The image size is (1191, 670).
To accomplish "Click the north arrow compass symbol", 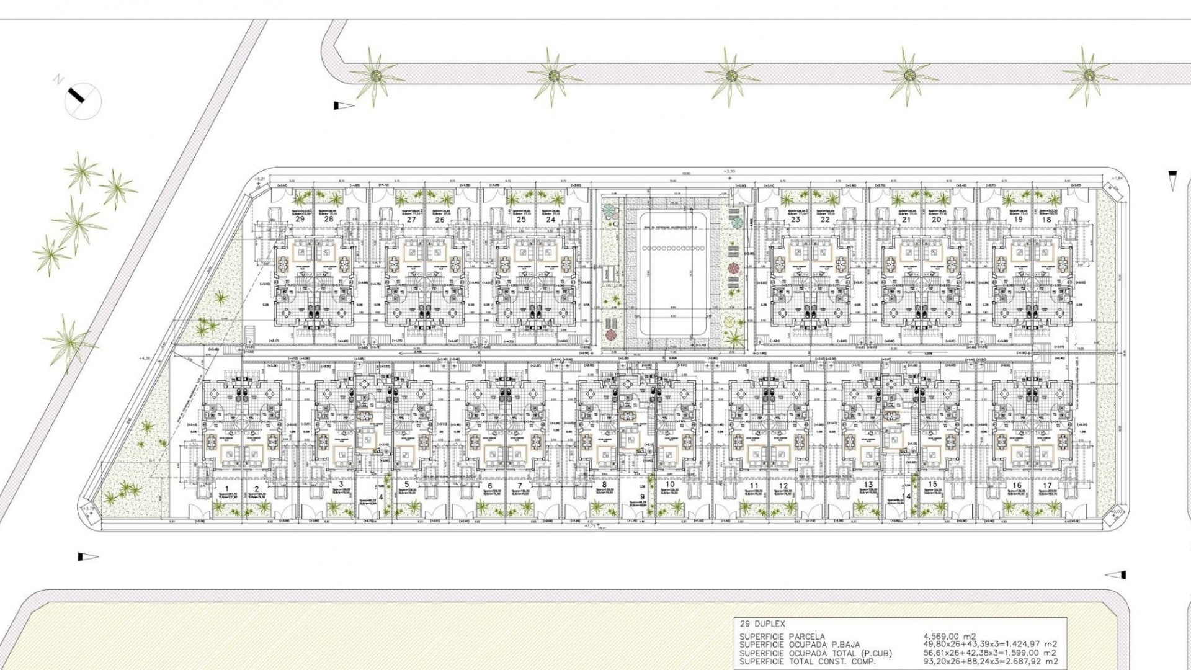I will point(83,101).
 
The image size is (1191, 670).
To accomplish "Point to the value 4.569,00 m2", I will point(950,636).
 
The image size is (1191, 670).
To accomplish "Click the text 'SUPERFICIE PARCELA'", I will point(782,636).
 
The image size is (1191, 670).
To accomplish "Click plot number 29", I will point(300,219).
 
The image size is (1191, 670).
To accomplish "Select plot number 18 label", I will point(1046,219).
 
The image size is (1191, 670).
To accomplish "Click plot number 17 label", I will point(1047,486).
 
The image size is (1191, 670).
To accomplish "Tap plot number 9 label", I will point(643,496).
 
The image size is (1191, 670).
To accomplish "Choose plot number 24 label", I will point(551,219).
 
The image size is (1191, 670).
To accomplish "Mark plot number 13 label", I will point(868,485).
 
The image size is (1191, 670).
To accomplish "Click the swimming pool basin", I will point(673,273).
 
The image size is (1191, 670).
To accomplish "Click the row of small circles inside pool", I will point(673,248).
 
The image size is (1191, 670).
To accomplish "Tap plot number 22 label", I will point(824,219).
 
